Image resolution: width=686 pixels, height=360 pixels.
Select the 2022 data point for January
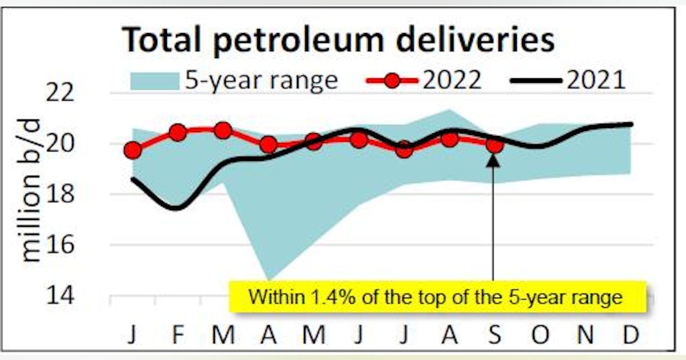[133, 150]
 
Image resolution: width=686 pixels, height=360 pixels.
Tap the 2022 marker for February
[178, 133]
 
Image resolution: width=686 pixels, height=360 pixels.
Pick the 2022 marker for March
[224, 131]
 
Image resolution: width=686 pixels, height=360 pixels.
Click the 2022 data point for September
[495, 146]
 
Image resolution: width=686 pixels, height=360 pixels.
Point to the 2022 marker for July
[404, 150]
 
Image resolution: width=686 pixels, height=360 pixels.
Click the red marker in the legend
[392, 81]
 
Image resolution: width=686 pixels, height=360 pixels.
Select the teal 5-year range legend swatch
[154, 81]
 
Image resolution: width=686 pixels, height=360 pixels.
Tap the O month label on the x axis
[540, 335]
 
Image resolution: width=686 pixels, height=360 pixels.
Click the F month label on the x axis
[178, 335]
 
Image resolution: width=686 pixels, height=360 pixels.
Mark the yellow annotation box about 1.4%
[437, 297]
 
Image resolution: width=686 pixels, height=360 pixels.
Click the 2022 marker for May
[313, 141]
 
